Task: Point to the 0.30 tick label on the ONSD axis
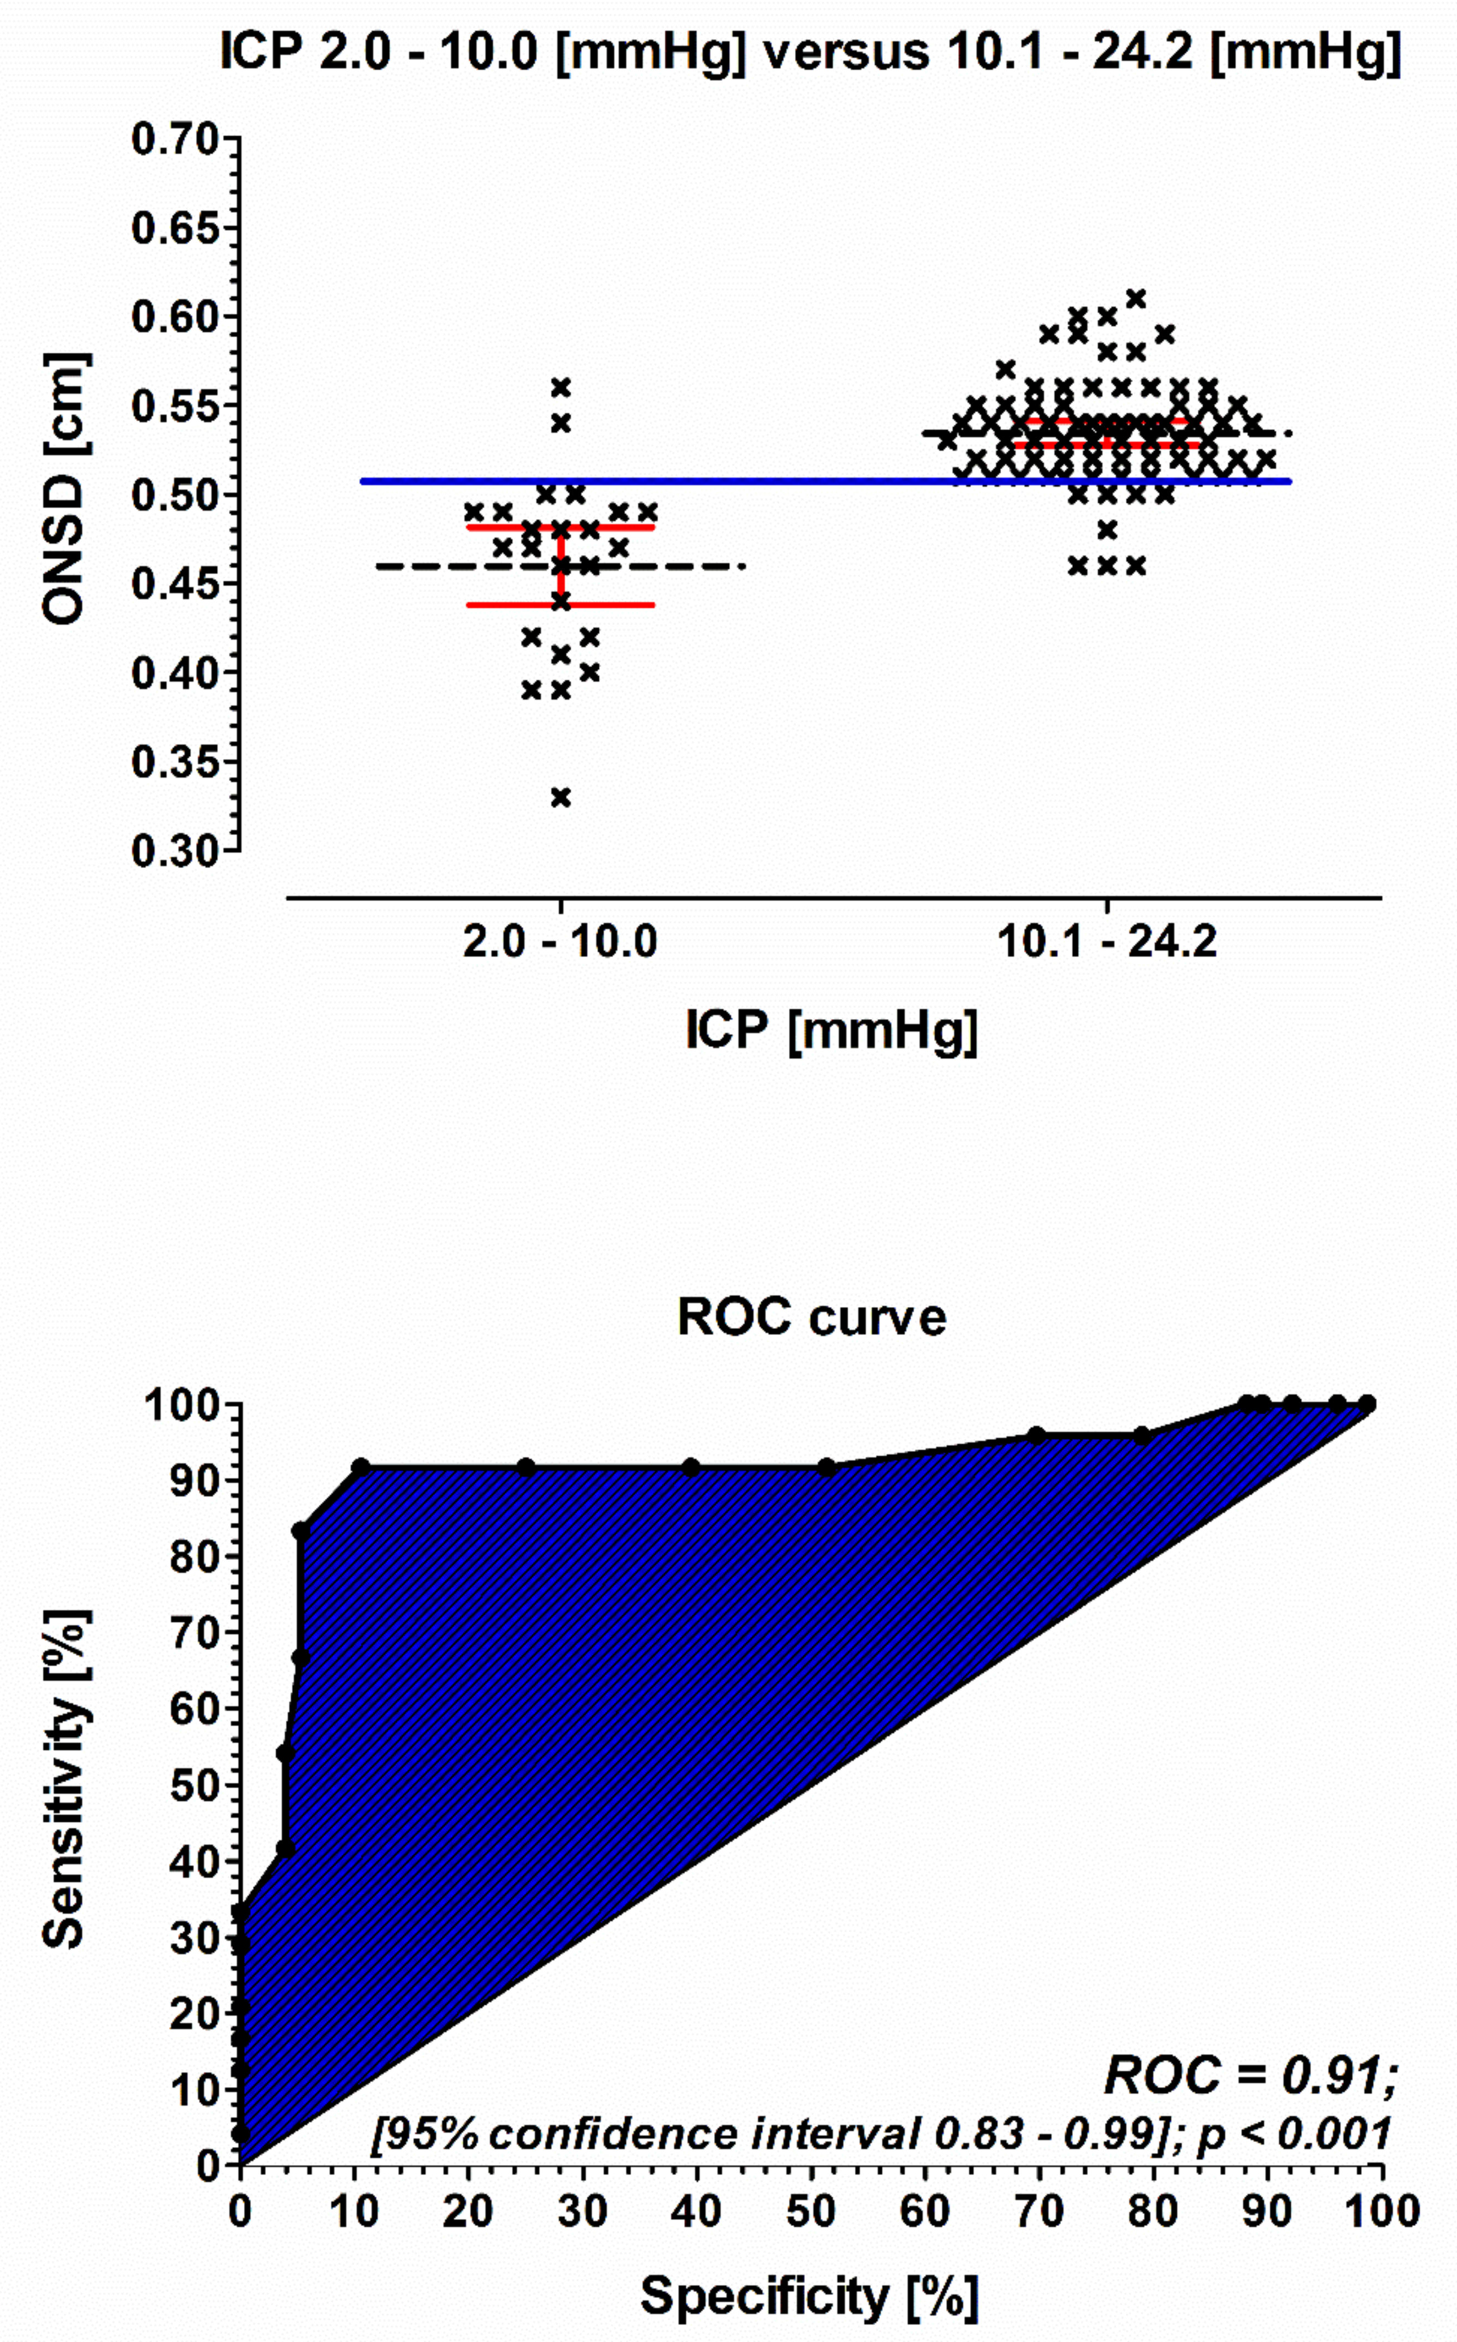tap(176, 852)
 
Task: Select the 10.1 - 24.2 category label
tap(1107, 941)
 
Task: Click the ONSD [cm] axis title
tap(65, 489)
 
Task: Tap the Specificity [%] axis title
tap(809, 2296)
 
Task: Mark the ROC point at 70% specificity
tap(1037, 1436)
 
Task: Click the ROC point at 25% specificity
tap(525, 1467)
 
